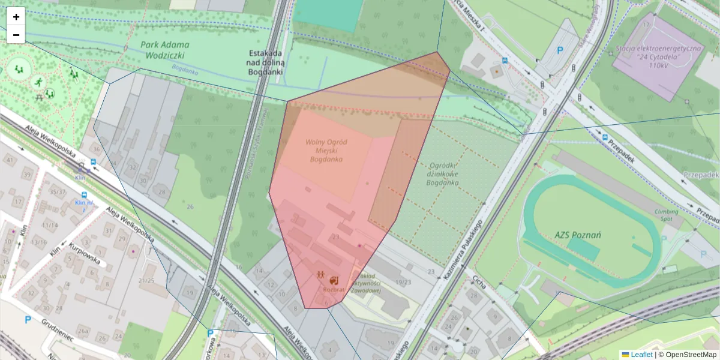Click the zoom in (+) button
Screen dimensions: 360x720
pos(16,17)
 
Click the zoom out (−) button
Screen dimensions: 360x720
pos(16,35)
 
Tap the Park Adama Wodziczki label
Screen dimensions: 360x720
pos(165,50)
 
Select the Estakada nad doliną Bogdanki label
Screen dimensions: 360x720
pos(266,62)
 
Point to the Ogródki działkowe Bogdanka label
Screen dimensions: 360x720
pos(444,174)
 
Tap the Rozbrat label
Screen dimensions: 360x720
pos(334,289)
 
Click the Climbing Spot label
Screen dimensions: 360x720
pos(667,215)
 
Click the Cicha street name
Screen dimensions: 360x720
pos(478,284)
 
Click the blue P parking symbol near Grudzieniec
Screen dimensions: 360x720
pos(28,320)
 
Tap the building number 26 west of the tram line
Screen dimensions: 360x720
pos(190,207)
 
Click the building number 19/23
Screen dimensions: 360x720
pos(404,281)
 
